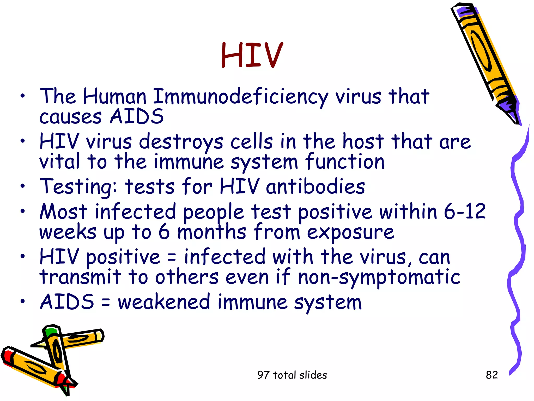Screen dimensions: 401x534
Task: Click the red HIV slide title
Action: click(252, 55)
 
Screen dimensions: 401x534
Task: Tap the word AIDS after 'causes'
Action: click(137, 116)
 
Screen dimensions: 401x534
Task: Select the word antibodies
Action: click(315, 186)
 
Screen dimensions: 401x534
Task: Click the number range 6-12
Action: click(465, 211)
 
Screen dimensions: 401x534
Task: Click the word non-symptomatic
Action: click(379, 278)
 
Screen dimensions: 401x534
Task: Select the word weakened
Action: click(164, 302)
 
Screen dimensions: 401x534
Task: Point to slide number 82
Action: click(492, 375)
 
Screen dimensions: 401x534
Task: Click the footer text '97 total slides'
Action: click(292, 375)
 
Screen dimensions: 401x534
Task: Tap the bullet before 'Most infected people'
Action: click(23, 211)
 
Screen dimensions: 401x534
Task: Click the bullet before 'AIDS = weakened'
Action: click(23, 301)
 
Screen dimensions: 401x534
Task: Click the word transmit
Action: click(80, 277)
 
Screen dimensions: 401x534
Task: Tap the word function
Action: click(345, 162)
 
